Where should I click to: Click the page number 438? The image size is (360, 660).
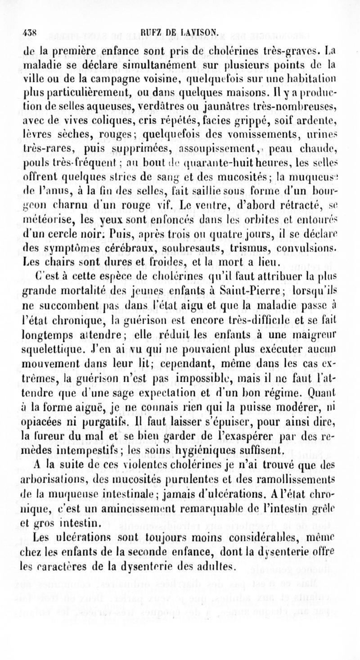pyautogui.click(x=31, y=32)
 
